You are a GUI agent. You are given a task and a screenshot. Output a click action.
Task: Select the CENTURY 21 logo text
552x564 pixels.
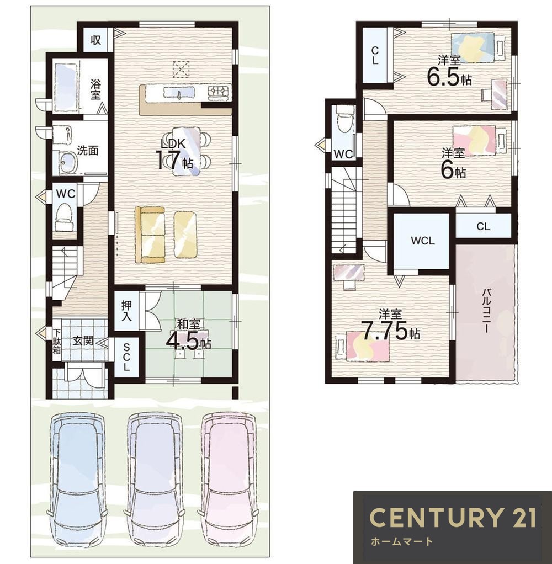pyautogui.click(x=455, y=518)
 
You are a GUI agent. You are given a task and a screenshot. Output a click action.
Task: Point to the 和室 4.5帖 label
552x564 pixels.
pyautogui.click(x=188, y=335)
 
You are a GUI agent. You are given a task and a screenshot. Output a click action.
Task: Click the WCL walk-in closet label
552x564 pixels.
pyautogui.click(x=423, y=241)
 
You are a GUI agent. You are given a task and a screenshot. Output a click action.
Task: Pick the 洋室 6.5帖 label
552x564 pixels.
pyautogui.click(x=449, y=70)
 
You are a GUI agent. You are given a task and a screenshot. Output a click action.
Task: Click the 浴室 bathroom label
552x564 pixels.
pyautogui.click(x=95, y=90)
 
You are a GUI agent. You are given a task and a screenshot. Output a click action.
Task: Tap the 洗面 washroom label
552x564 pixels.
pyautogui.click(x=88, y=150)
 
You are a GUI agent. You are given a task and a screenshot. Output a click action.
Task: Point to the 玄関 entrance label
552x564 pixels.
pyautogui.click(x=83, y=340)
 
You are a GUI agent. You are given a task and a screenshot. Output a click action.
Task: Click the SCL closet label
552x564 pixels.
pyautogui.click(x=126, y=357)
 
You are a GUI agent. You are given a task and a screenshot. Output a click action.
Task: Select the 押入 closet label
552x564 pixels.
pyautogui.click(x=126, y=310)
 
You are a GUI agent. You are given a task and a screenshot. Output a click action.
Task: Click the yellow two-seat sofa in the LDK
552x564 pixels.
pyautogui.click(x=150, y=235)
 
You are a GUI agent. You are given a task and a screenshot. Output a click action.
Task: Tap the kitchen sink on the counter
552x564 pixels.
pyautogui.click(x=179, y=92)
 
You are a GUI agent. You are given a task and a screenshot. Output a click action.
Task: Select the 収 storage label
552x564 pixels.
pyautogui.click(x=95, y=40)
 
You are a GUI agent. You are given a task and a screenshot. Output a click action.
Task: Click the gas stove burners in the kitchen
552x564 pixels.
pyautogui.click(x=219, y=92)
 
